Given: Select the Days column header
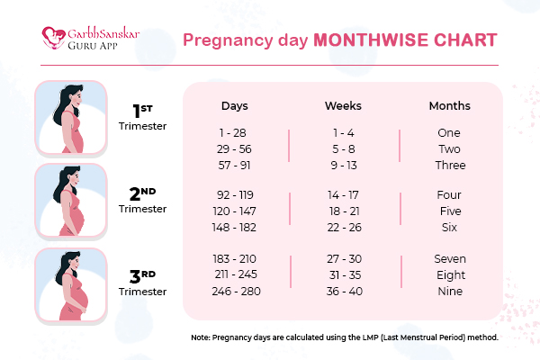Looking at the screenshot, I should [235, 106].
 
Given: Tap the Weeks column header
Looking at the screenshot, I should [343, 106].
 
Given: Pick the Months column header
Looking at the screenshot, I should [449, 106].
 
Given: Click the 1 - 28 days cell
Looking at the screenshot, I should [233, 132].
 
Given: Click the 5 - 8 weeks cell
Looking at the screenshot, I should [342, 148].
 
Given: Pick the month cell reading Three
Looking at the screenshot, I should [449, 165].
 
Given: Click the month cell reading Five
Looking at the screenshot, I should [449, 211].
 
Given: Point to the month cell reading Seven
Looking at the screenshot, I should [449, 259].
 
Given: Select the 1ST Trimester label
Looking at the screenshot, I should [143, 117].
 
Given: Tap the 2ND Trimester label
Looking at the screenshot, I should [143, 200].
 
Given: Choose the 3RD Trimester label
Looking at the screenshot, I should [143, 282].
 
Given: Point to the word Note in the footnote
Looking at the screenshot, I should [200, 337].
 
